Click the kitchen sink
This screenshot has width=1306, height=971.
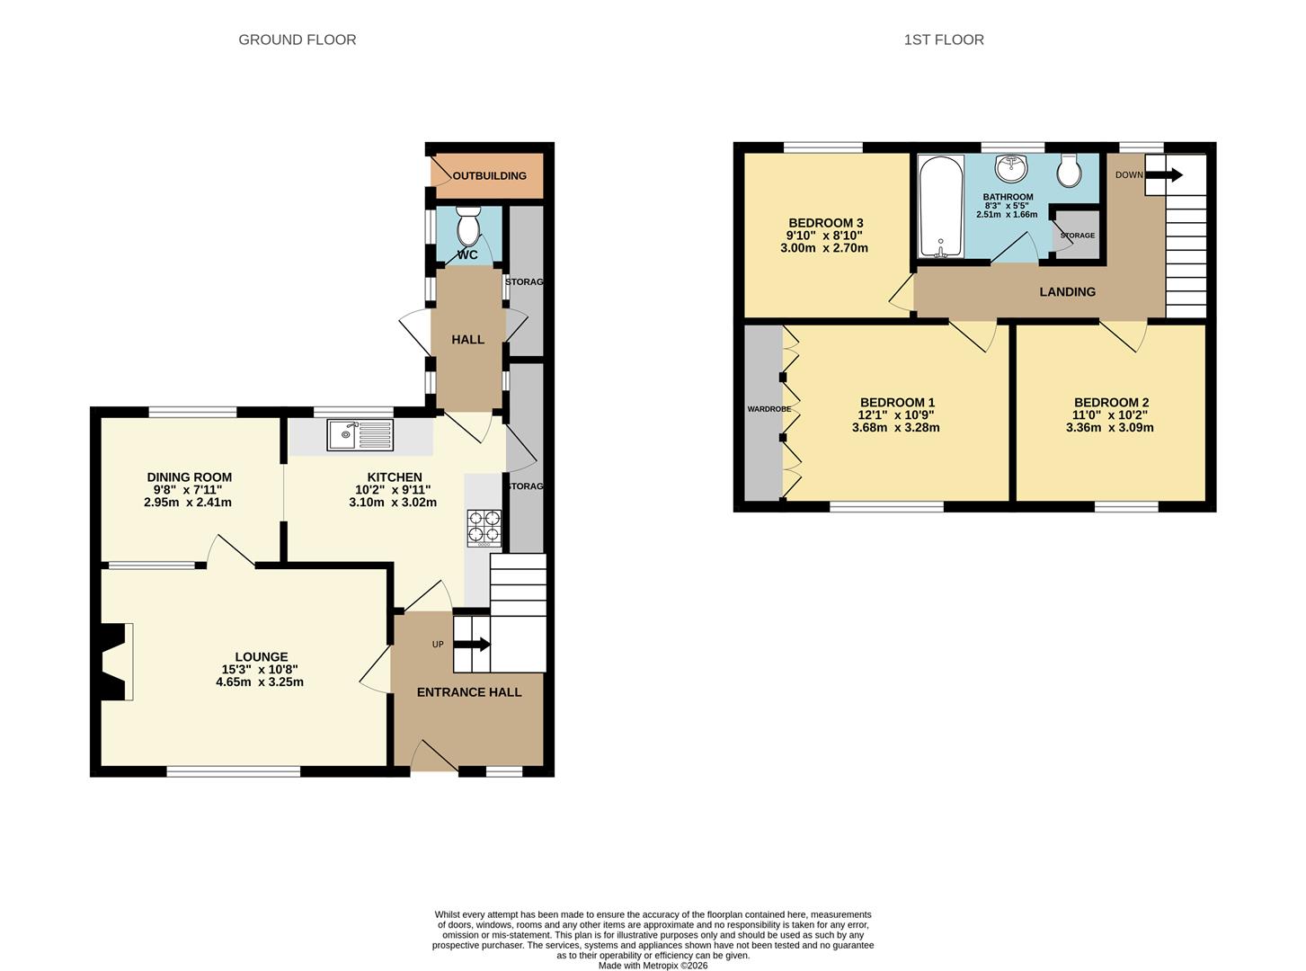(360, 435)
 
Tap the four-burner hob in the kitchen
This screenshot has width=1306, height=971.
(484, 528)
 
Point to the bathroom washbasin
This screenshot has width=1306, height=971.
(1013, 166)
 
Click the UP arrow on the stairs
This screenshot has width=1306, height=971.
(472, 644)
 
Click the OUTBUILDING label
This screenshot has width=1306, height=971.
(489, 175)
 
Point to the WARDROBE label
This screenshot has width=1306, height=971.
(768, 409)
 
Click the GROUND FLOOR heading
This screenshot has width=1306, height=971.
(297, 40)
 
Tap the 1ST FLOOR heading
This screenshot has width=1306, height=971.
(944, 40)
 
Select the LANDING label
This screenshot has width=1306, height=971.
(1067, 292)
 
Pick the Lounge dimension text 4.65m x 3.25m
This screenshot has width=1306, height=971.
(260, 682)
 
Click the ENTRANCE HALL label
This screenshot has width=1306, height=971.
(468, 692)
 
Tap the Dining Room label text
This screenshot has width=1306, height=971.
(189, 477)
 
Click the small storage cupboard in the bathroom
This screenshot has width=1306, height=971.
(1077, 236)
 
